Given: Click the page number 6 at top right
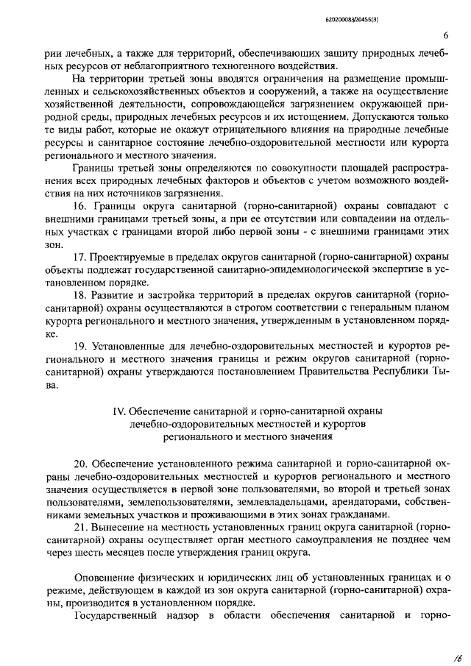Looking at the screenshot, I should pyautogui.click(x=447, y=36).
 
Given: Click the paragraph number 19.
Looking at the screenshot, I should pyautogui.click(x=82, y=344).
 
